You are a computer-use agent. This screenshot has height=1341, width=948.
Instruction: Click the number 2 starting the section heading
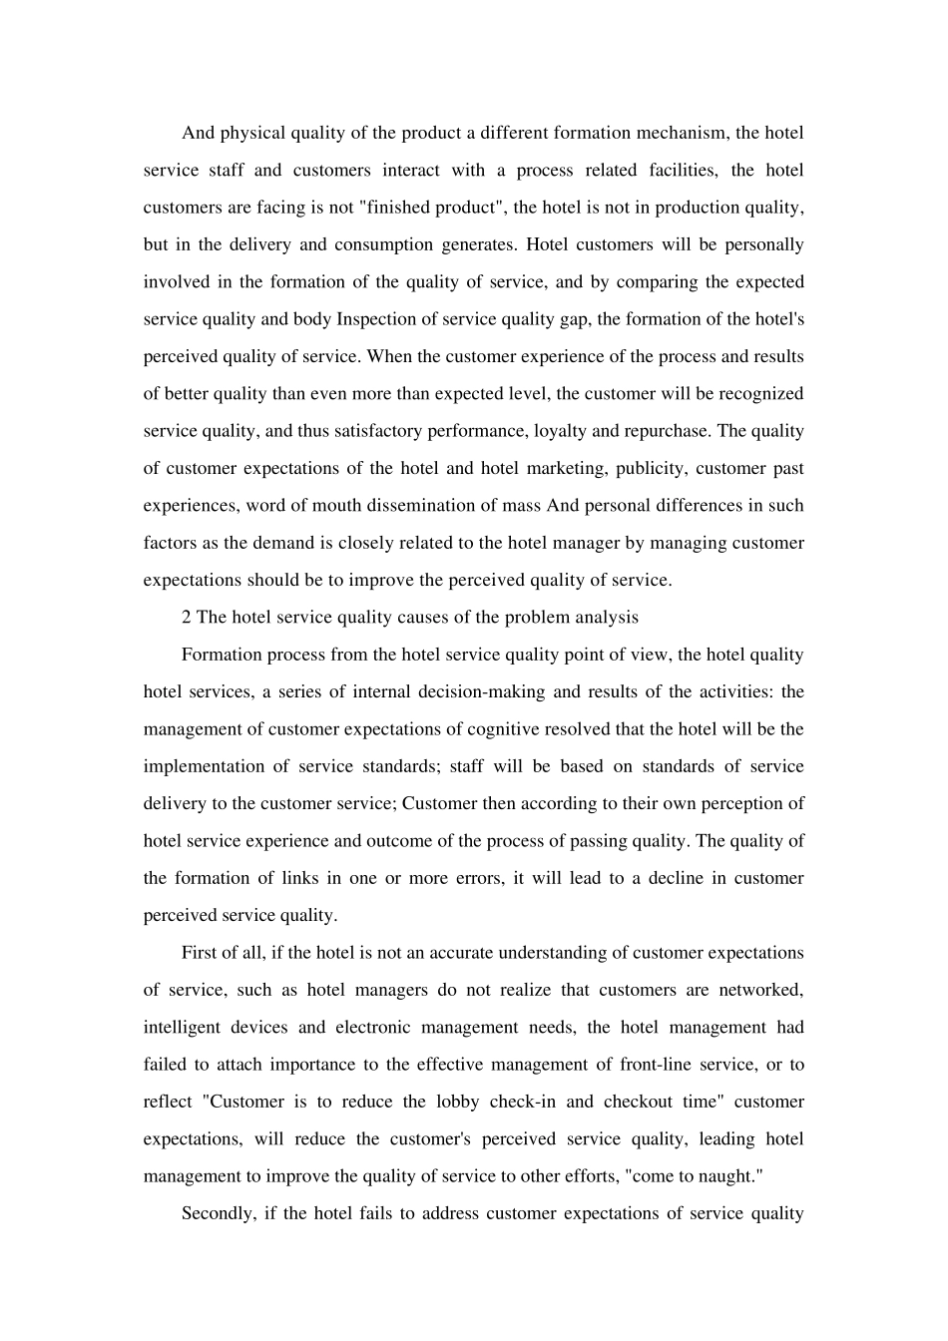click(x=187, y=617)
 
